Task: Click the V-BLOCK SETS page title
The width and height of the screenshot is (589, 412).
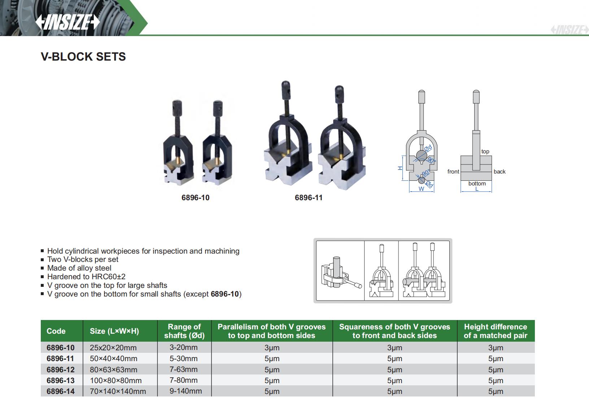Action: pos(83,57)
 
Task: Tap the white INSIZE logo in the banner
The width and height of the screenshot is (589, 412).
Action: pos(67,22)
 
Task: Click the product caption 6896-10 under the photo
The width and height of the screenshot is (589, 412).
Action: pos(195,198)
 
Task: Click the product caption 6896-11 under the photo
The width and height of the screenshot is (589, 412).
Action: pos(309,198)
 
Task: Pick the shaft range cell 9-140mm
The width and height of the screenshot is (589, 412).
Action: pos(186,391)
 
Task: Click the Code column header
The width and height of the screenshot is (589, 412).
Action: pos(56,331)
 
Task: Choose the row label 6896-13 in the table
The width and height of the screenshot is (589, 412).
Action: pos(61,381)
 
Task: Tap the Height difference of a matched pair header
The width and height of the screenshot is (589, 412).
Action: pos(496,331)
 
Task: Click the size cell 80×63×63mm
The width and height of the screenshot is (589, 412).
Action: pos(114,370)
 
